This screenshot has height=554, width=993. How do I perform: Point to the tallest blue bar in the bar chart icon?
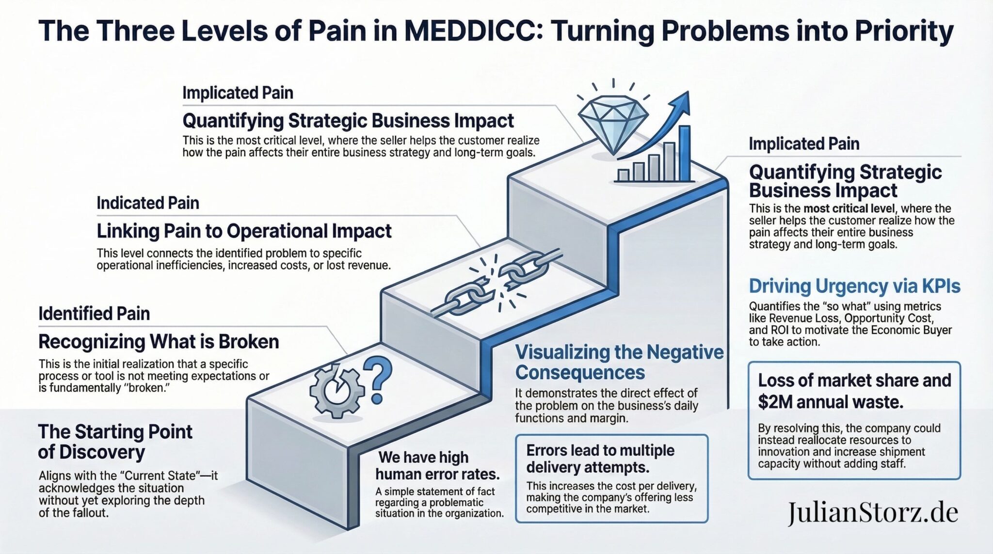[x=684, y=153]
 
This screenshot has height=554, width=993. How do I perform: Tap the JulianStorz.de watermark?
[x=872, y=513]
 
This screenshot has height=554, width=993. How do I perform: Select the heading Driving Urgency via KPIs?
[x=854, y=286]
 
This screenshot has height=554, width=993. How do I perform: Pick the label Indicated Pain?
[x=148, y=203]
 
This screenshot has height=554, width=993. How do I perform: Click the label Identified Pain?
[x=94, y=314]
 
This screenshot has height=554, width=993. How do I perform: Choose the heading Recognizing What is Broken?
[x=159, y=342]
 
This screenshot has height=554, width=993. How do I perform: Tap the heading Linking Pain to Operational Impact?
[x=244, y=231]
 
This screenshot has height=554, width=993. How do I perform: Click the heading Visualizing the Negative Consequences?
[x=619, y=362]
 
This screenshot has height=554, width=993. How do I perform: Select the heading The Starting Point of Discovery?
[x=115, y=442]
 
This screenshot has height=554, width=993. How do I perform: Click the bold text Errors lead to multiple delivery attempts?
[x=600, y=459]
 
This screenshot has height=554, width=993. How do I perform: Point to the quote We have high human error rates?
[x=437, y=465]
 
